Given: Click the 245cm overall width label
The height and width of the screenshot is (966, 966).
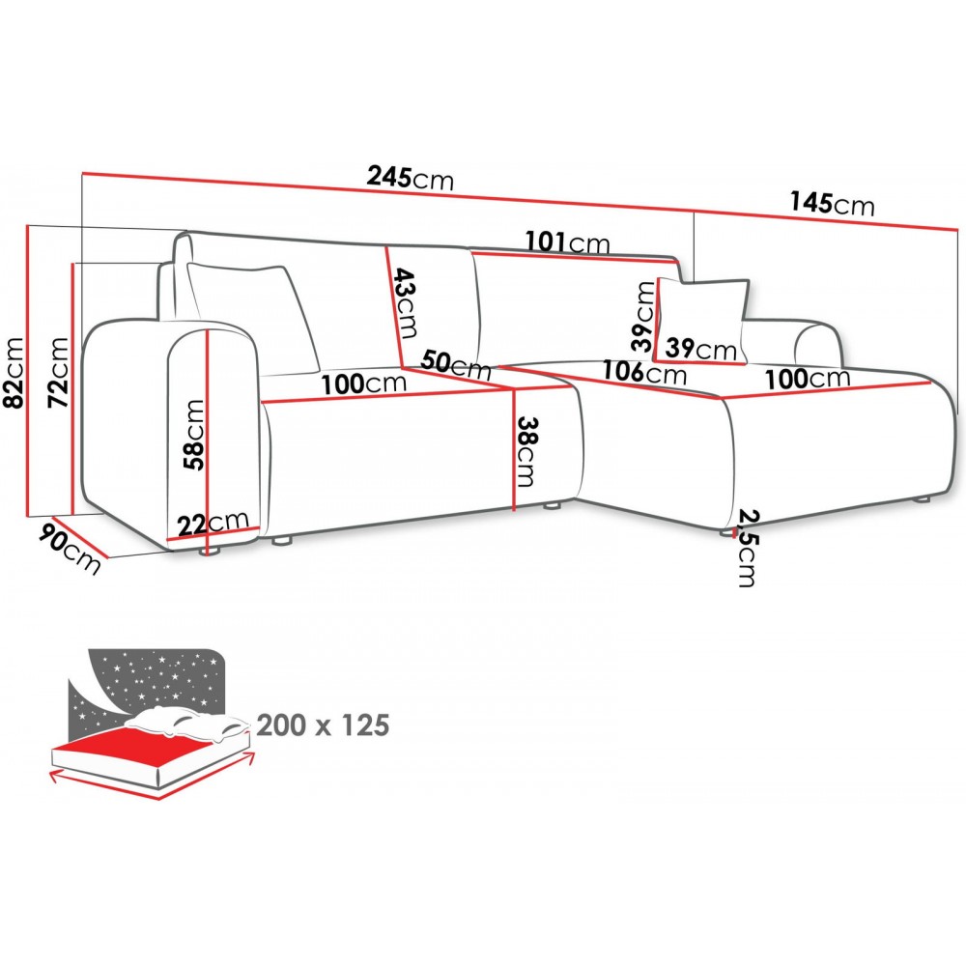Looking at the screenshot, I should (x=410, y=178).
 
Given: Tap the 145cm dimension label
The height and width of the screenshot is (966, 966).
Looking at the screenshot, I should (x=832, y=204).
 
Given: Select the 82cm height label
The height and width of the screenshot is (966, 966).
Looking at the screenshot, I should (x=14, y=372).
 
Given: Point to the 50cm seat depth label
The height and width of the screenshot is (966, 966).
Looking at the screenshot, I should (x=457, y=365).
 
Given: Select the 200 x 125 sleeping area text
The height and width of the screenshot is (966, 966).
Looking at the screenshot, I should (x=324, y=724).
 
